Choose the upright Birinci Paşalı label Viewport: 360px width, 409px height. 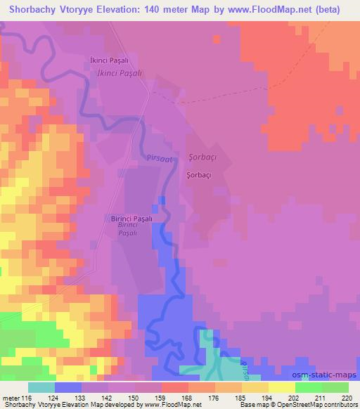(132, 219)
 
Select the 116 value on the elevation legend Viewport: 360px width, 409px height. (28, 397)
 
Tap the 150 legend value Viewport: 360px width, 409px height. (133, 397)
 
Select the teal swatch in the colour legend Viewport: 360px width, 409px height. (41, 387)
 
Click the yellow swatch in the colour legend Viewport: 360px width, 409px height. (281, 387)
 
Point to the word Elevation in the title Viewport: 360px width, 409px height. (113, 8)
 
